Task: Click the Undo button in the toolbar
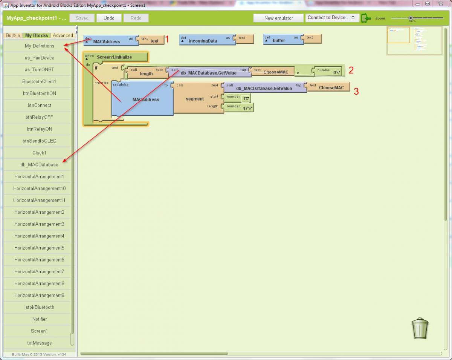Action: click(109, 18)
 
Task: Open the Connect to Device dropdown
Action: click(331, 18)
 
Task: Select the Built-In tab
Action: click(13, 35)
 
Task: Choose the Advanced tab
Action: click(63, 35)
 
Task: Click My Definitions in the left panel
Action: click(40, 46)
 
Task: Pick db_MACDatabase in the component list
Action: click(40, 165)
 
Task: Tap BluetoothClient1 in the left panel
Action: click(40, 81)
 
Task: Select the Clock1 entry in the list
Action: click(40, 153)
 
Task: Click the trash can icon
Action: click(420, 328)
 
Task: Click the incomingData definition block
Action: click(203, 41)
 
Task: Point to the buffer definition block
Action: click(279, 40)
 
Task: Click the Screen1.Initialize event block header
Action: click(115, 57)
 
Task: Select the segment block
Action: click(195, 99)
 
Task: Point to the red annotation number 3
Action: click(356, 91)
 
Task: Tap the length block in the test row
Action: click(146, 74)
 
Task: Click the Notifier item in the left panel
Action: click(40, 319)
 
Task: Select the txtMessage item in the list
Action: click(40, 343)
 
